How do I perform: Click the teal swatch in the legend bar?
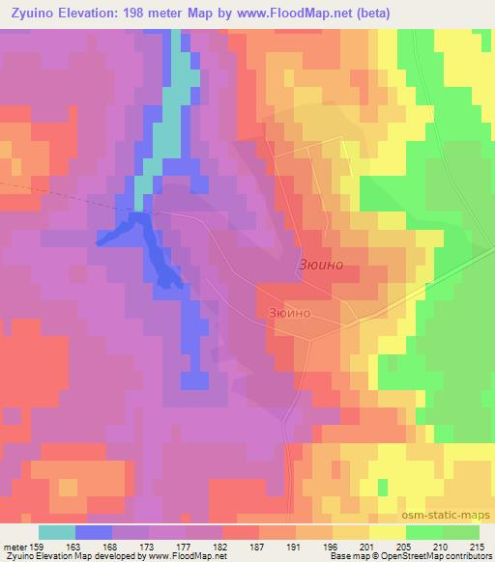(x=57, y=532)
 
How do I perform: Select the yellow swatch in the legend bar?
(x=387, y=532)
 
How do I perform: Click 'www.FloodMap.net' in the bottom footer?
(x=188, y=557)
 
